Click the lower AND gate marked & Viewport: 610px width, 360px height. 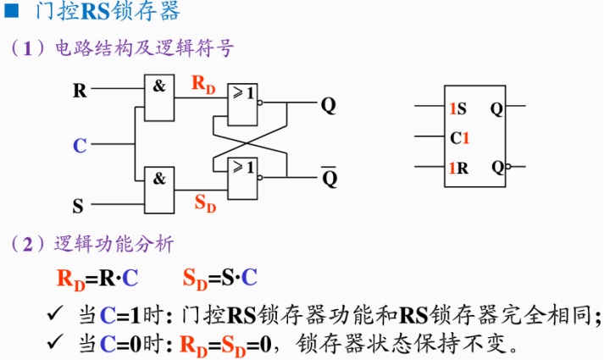[x=158, y=188]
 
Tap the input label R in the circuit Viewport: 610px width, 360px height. [x=80, y=91]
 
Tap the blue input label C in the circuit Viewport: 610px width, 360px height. [x=80, y=146]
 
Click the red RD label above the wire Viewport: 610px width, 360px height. [x=203, y=83]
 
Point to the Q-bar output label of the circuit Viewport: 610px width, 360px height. [x=329, y=178]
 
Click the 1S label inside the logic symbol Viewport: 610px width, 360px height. [x=457, y=108]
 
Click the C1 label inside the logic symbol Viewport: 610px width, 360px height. [x=460, y=137]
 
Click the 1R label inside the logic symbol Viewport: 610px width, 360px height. [x=458, y=167]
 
